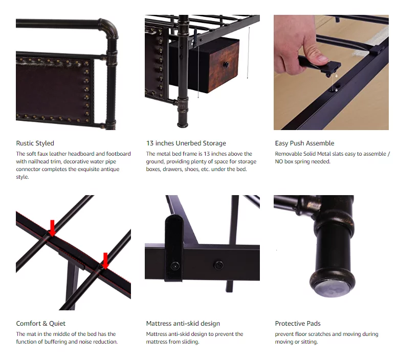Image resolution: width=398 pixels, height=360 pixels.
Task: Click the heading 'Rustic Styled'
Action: pyautogui.click(x=35, y=143)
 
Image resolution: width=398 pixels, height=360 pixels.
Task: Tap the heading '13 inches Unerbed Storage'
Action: pyautogui.click(x=186, y=143)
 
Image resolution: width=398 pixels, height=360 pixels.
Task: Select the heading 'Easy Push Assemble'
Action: pyautogui.click(x=304, y=143)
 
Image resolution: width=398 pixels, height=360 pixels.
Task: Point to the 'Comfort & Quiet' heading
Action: pyautogui.click(x=40, y=324)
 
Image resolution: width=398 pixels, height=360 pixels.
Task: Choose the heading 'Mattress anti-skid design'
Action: pyautogui.click(x=183, y=324)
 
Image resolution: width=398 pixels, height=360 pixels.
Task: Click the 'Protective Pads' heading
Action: pyautogui.click(x=298, y=324)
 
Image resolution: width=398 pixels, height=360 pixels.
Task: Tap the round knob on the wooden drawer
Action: pyautogui.click(x=226, y=65)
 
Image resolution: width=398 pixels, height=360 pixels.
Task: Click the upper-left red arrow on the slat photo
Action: pyautogui.click(x=52, y=228)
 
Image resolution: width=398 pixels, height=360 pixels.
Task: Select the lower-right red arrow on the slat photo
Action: pyautogui.click(x=105, y=261)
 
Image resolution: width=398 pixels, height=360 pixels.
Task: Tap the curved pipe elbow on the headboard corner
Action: pyautogui.click(x=109, y=29)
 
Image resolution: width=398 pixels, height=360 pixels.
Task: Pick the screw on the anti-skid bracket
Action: pyautogui.click(x=175, y=266)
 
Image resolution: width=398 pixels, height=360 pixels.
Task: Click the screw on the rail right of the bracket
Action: pyautogui.click(x=218, y=265)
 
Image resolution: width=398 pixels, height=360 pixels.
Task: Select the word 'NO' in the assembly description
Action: pyautogui.click(x=279, y=162)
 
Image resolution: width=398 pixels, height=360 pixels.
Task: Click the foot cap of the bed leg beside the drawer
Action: pyautogui.click(x=183, y=124)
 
